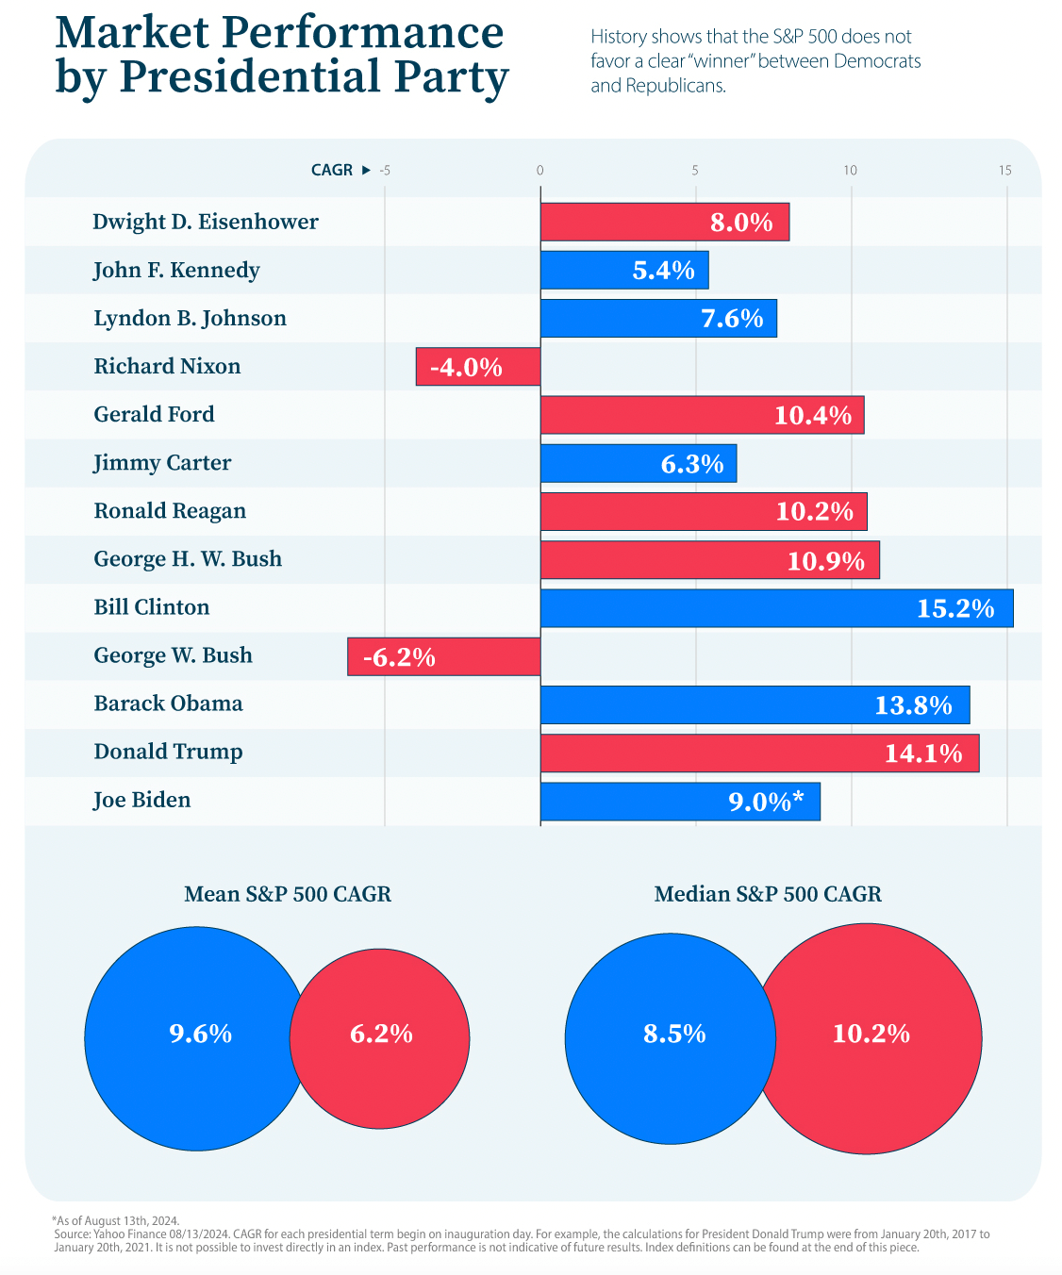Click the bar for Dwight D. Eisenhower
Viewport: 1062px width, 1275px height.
coord(664,223)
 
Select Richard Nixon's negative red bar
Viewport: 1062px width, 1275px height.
coord(478,367)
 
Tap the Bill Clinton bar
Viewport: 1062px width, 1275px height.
coord(776,608)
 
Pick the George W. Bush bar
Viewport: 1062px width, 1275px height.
coord(443,656)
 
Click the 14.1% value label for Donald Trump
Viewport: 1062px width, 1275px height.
coord(923,753)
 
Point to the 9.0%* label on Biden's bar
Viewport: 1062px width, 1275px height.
coord(766,802)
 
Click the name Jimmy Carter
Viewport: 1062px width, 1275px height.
coord(162,463)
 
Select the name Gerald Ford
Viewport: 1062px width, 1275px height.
coord(154,415)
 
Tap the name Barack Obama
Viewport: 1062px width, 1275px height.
coord(168,704)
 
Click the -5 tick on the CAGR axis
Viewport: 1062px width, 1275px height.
coord(385,171)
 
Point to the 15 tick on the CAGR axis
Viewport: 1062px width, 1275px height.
coord(1005,171)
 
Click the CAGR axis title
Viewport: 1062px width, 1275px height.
coord(332,171)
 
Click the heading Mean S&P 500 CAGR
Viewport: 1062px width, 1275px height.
coord(288,894)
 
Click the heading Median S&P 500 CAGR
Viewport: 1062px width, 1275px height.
coord(768,894)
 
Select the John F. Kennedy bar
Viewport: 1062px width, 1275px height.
coord(623,271)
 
